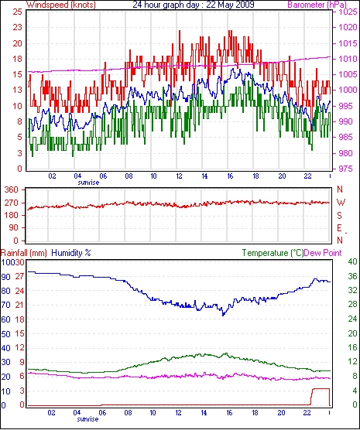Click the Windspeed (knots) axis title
61,5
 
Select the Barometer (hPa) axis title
317,5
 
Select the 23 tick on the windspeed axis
17,27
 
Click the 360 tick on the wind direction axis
12,189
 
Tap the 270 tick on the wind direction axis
12,203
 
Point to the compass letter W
341,203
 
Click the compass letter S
340,216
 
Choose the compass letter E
340,228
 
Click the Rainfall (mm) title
24,253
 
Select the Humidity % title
71,253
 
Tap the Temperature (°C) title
273,253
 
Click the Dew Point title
323,253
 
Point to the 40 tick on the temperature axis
352,261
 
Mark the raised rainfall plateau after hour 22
321,388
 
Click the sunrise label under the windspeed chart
88,183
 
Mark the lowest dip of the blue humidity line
223,315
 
